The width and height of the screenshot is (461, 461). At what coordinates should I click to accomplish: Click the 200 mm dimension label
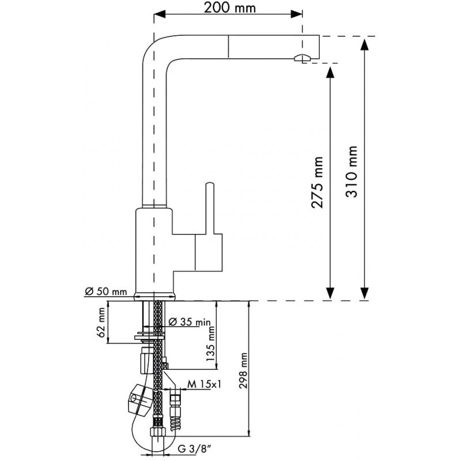(229, 7)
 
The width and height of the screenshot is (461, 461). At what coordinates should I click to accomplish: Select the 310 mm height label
(352, 171)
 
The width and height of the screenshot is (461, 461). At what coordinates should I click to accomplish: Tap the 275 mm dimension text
(318, 183)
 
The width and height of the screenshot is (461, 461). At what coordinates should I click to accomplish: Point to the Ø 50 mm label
(106, 292)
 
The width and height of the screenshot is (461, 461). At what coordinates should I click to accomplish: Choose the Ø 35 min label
(190, 322)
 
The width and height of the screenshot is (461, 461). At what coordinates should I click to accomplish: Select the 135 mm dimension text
(210, 344)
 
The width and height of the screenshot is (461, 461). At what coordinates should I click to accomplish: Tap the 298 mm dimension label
(243, 371)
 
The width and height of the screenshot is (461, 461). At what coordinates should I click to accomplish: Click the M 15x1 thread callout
(205, 384)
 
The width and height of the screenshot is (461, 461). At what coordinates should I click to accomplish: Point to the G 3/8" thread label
(195, 449)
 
